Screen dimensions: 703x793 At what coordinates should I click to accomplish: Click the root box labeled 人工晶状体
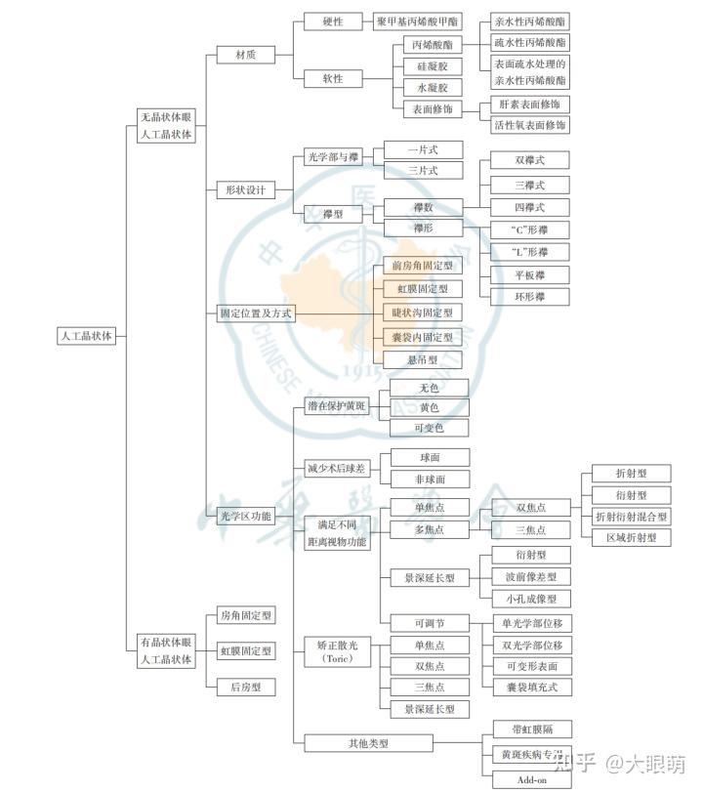point(87,336)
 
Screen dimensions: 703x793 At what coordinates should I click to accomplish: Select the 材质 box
point(246,56)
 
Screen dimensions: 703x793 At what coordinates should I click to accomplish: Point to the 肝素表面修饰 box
point(530,104)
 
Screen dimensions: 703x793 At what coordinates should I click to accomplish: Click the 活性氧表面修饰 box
point(530,125)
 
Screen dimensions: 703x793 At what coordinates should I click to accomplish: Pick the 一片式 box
point(423,149)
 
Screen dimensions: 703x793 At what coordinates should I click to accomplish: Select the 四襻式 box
point(530,207)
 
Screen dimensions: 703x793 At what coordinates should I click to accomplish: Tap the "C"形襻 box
point(530,230)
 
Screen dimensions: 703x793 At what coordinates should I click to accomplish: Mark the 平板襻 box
point(530,274)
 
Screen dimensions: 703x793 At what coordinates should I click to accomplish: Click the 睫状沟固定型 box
point(423,313)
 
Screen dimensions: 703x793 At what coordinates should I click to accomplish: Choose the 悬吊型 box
point(423,359)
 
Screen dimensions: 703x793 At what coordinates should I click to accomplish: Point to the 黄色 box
point(430,407)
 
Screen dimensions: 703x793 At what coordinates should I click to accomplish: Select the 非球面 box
point(430,480)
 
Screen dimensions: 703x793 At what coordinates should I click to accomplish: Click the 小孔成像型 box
point(531,599)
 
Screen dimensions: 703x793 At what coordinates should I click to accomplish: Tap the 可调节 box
point(430,623)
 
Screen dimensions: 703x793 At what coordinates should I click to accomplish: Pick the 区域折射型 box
point(632,537)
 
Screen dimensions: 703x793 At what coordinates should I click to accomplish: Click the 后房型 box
point(246,688)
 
